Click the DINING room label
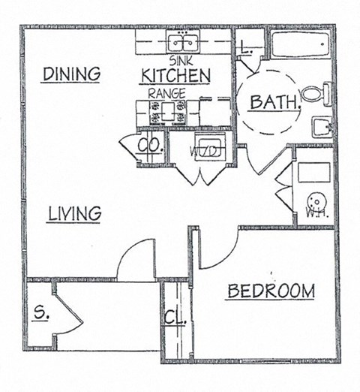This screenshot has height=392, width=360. (x=71, y=74)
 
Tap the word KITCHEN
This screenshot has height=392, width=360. (x=175, y=75)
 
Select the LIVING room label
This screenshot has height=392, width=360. (x=74, y=213)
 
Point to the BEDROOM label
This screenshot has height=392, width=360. (x=271, y=291)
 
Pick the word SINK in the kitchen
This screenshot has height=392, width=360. (x=181, y=59)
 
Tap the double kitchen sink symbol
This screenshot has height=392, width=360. (x=181, y=41)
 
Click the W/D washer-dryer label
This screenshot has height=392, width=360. (x=204, y=149)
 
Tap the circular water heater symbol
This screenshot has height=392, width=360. (x=318, y=202)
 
